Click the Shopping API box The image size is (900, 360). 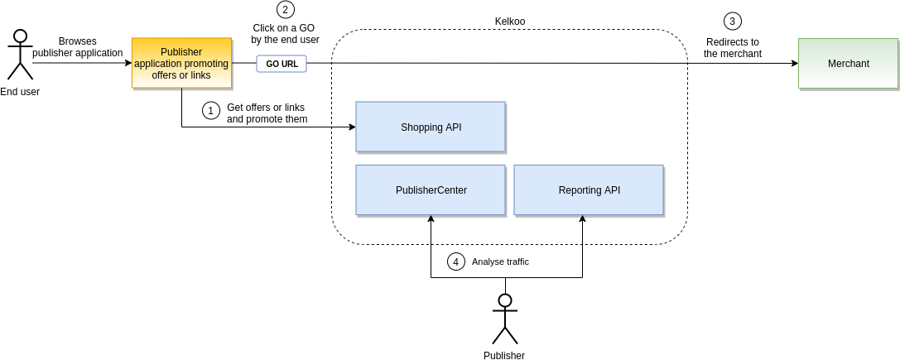pyautogui.click(x=430, y=127)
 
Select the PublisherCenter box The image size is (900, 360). pyautogui.click(x=430, y=190)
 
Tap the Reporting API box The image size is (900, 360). pyautogui.click(x=588, y=190)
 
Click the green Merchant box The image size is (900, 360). pyautogui.click(x=848, y=63)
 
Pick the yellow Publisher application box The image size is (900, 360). pyautogui.click(x=181, y=63)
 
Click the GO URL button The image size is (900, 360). pyautogui.click(x=282, y=64)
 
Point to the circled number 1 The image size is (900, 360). pyautogui.click(x=211, y=110)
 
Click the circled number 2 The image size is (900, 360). pyautogui.click(x=286, y=10)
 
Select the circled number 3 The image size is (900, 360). pyautogui.click(x=732, y=21)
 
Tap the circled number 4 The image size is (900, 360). pyautogui.click(x=455, y=262)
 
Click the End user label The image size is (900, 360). pyautogui.click(x=20, y=92)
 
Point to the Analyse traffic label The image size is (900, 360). pyautogui.click(x=500, y=262)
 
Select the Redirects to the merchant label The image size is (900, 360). pyautogui.click(x=733, y=48)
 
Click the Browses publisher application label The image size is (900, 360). pyautogui.click(x=77, y=47)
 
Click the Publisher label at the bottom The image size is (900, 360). pyautogui.click(x=504, y=355)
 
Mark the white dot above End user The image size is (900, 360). pyautogui.click(x=20, y=36)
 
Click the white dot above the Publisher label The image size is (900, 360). pyautogui.click(x=505, y=300)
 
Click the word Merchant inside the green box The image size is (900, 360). pyautogui.click(x=848, y=64)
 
